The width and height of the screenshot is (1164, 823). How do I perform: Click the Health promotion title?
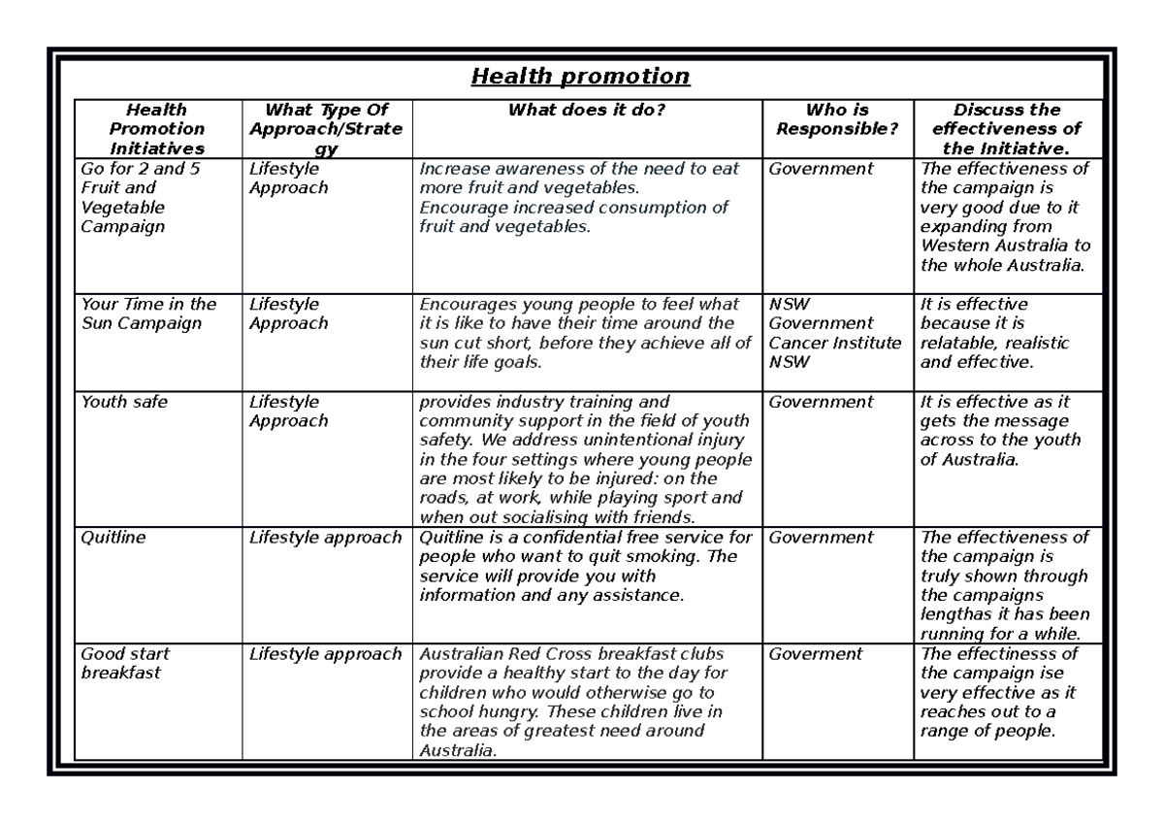(580, 76)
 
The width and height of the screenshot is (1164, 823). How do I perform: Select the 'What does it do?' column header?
(587, 110)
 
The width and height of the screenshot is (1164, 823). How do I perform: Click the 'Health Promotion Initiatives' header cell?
(156, 129)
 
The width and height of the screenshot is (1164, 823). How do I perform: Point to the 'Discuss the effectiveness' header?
(1006, 129)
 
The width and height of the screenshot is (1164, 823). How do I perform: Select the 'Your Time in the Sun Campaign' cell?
(148, 313)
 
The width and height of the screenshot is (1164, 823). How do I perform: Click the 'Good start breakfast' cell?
(126, 663)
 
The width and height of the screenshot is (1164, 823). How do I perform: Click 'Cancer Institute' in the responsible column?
(835, 343)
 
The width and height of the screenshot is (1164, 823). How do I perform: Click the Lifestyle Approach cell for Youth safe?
(288, 411)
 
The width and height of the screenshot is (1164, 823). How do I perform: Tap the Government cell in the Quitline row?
(821, 538)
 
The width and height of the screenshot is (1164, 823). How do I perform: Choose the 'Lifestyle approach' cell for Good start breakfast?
(324, 654)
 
